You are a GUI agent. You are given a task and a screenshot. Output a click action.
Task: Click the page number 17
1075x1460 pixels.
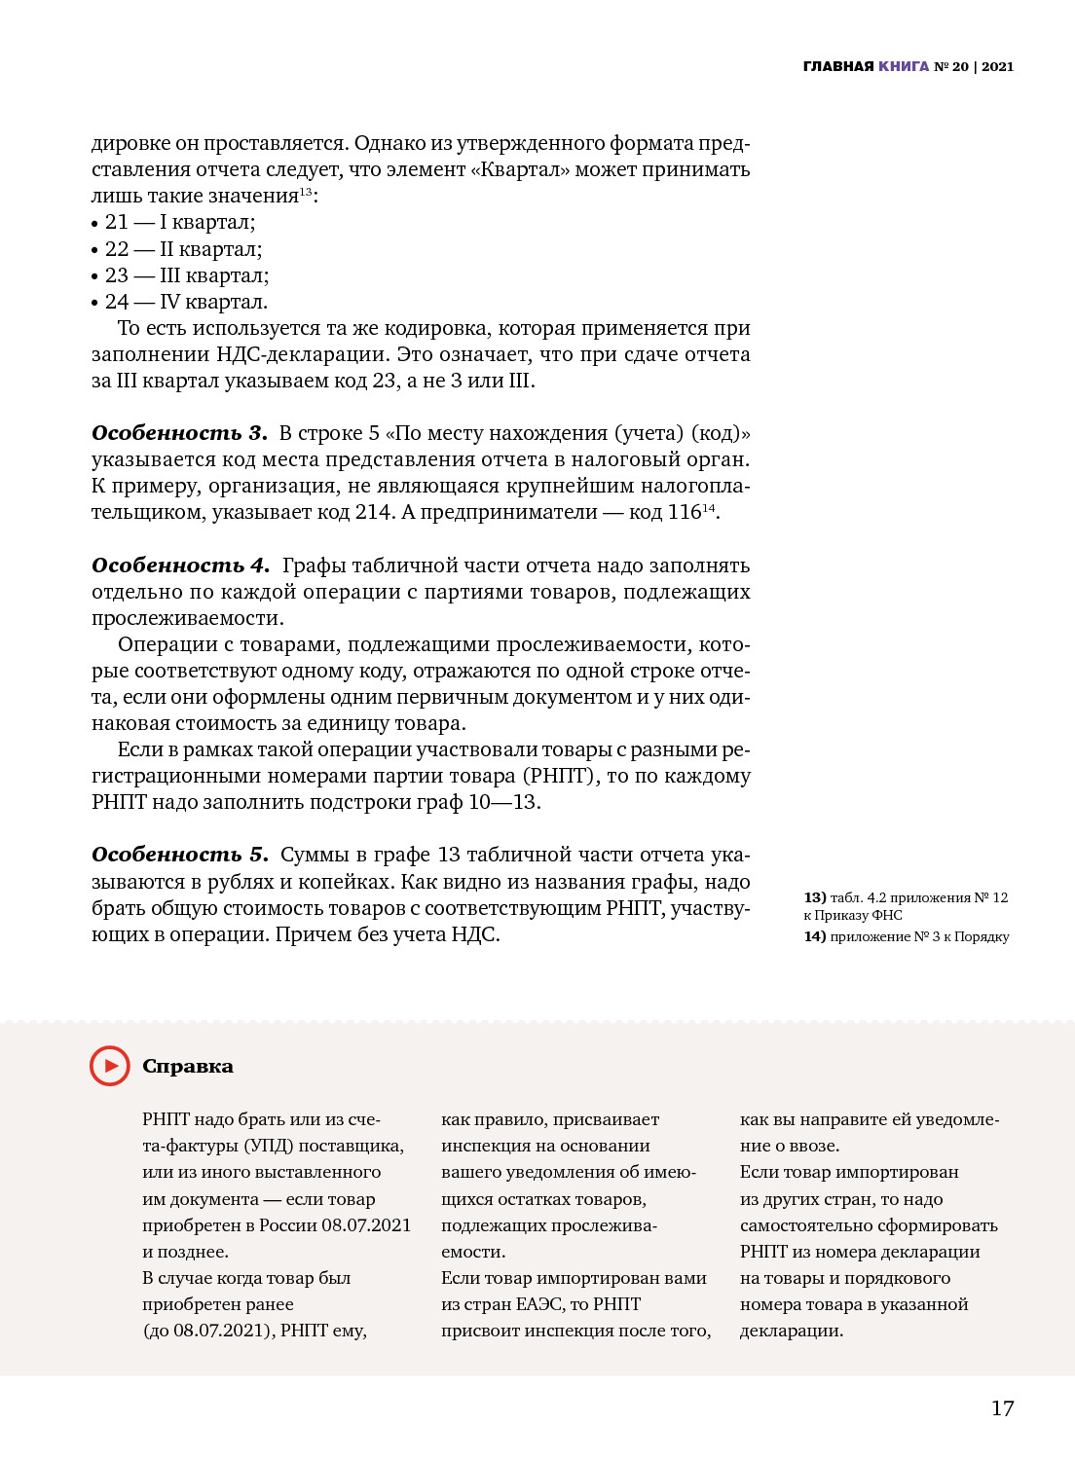click(x=1002, y=1408)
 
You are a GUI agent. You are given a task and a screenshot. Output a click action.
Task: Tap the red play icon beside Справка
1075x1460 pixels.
click(x=110, y=1066)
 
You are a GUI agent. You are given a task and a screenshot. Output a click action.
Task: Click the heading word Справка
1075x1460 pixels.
click(x=188, y=1067)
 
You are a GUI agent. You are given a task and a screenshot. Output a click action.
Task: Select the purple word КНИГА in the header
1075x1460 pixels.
click(x=904, y=66)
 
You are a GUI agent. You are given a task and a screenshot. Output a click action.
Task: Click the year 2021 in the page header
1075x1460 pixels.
click(x=998, y=66)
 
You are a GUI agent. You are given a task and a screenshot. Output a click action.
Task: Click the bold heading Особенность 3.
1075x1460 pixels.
click(x=179, y=433)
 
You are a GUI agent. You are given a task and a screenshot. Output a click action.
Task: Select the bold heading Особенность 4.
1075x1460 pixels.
click(x=180, y=566)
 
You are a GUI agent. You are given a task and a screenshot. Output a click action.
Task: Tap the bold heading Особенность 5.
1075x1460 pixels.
click(x=180, y=855)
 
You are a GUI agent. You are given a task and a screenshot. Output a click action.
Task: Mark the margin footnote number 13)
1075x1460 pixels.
click(x=815, y=897)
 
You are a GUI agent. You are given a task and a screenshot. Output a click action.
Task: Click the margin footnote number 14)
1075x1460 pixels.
click(x=815, y=936)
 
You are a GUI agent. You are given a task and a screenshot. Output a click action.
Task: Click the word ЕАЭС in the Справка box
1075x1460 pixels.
click(x=538, y=1304)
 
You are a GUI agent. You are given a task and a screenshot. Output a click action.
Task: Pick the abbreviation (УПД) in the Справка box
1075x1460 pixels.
click(x=268, y=1146)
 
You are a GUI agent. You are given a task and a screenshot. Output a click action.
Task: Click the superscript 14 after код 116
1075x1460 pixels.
click(x=709, y=508)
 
